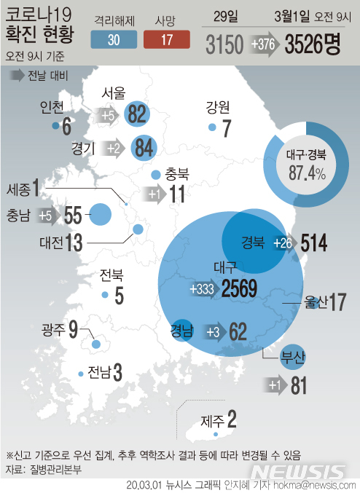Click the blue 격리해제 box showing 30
tap(114, 40)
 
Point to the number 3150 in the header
tap(224, 45)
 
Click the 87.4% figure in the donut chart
tap(306, 173)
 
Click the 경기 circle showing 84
tap(143, 149)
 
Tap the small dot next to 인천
tap(55, 126)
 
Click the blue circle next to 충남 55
tap(99, 215)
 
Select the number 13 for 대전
tap(74, 243)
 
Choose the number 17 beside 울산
tap(336, 300)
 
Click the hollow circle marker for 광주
tap(96, 344)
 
